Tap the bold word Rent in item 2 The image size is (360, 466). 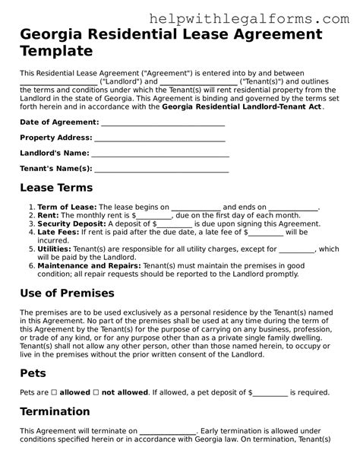point(47,215)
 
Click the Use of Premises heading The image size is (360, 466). point(67,293)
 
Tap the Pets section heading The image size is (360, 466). point(33,373)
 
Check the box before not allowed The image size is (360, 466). point(96,392)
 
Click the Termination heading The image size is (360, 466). point(55,411)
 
